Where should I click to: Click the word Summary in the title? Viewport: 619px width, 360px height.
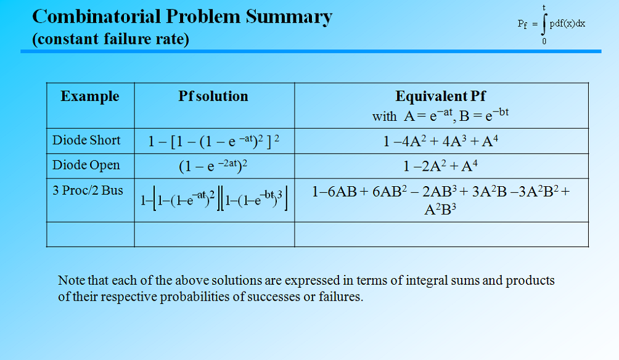point(289,17)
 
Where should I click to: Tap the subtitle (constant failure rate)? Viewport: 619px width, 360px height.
point(110,39)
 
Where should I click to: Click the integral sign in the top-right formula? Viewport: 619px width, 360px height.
point(544,25)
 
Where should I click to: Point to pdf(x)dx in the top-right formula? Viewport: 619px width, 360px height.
point(567,23)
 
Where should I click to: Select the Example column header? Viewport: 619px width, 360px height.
point(90,96)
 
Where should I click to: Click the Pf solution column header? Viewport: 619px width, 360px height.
point(213,96)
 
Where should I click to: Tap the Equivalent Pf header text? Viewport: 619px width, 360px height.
point(440,96)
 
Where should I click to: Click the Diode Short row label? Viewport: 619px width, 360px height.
point(86,141)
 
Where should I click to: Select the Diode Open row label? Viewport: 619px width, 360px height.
point(86,165)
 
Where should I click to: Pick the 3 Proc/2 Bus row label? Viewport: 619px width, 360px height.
point(88,190)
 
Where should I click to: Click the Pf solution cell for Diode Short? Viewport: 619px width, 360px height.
point(214,142)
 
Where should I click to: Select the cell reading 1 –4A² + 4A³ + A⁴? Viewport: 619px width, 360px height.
point(440,142)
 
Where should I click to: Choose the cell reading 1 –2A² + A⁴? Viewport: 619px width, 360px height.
point(440,166)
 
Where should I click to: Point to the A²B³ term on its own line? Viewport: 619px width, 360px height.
point(440,209)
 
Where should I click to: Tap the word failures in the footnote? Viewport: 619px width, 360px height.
point(338,297)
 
